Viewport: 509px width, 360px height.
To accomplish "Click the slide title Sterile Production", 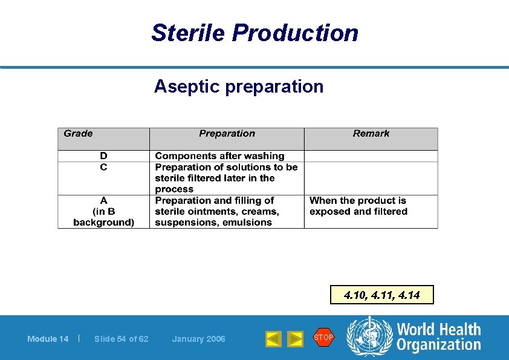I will click(254, 33).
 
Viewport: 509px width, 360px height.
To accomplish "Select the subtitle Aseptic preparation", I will click(239, 87).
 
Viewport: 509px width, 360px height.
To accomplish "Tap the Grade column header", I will click(79, 134).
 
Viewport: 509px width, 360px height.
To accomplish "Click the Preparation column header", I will click(227, 134).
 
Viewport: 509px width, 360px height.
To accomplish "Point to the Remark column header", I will click(371, 134).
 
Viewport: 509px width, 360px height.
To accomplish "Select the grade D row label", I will click(103, 156).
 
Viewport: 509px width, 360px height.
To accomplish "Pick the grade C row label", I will click(103, 167).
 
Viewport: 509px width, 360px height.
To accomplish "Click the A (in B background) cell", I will click(103, 211).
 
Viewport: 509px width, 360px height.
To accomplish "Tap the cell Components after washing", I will click(219, 156).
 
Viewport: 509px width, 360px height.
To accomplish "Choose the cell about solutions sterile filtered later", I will click(226, 178).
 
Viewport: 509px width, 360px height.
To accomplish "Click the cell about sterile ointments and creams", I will click(217, 211).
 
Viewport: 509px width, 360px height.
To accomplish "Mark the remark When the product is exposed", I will click(358, 206).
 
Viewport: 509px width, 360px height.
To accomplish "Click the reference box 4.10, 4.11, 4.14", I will click(381, 295).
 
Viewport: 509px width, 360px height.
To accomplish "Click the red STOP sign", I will click(323, 337).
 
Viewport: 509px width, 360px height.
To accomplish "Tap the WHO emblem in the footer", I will click(369, 337).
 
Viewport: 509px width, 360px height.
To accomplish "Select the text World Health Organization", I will click(438, 337).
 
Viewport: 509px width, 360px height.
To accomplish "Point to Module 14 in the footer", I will click(48, 339).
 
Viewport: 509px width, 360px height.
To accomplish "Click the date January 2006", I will click(198, 339).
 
